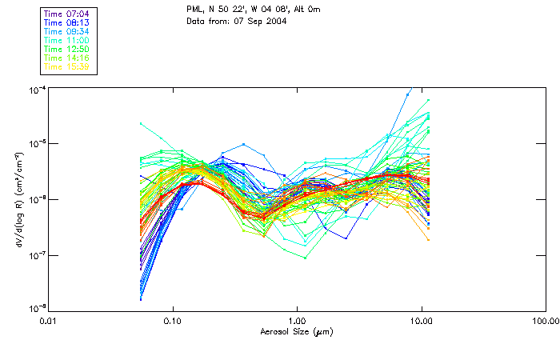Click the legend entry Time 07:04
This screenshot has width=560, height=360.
(67, 14)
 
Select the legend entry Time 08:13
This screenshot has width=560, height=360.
(67, 22)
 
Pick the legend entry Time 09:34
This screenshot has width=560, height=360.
(67, 31)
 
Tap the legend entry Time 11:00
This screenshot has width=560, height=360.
(67, 40)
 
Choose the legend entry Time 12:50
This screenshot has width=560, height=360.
(67, 49)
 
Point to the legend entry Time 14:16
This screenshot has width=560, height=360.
(67, 58)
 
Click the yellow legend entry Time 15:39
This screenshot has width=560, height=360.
(67, 66)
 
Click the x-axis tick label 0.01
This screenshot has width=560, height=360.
(49, 321)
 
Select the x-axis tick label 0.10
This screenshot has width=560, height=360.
(173, 321)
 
